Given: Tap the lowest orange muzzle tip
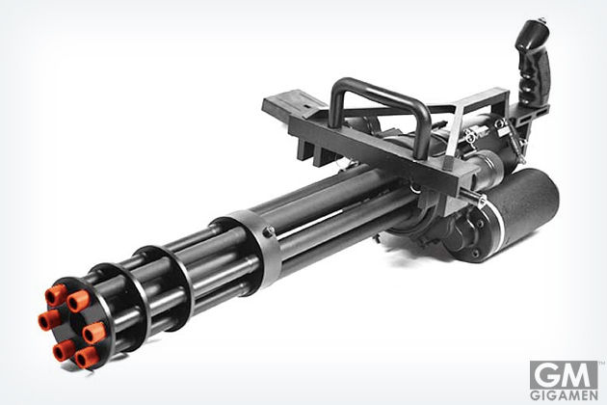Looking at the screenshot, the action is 87,358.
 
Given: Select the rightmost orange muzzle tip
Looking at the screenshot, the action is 94,333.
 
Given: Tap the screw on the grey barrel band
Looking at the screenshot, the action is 268,231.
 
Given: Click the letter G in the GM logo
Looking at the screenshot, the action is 546,375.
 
